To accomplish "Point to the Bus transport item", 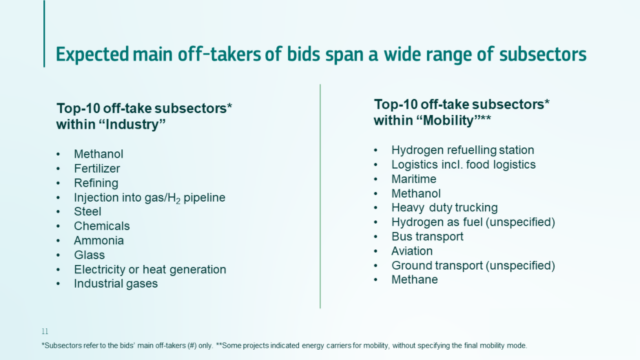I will pyautogui.click(x=427, y=236).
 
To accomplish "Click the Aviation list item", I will pyautogui.click(x=411, y=250).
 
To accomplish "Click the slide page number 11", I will pyautogui.click(x=44, y=329).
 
